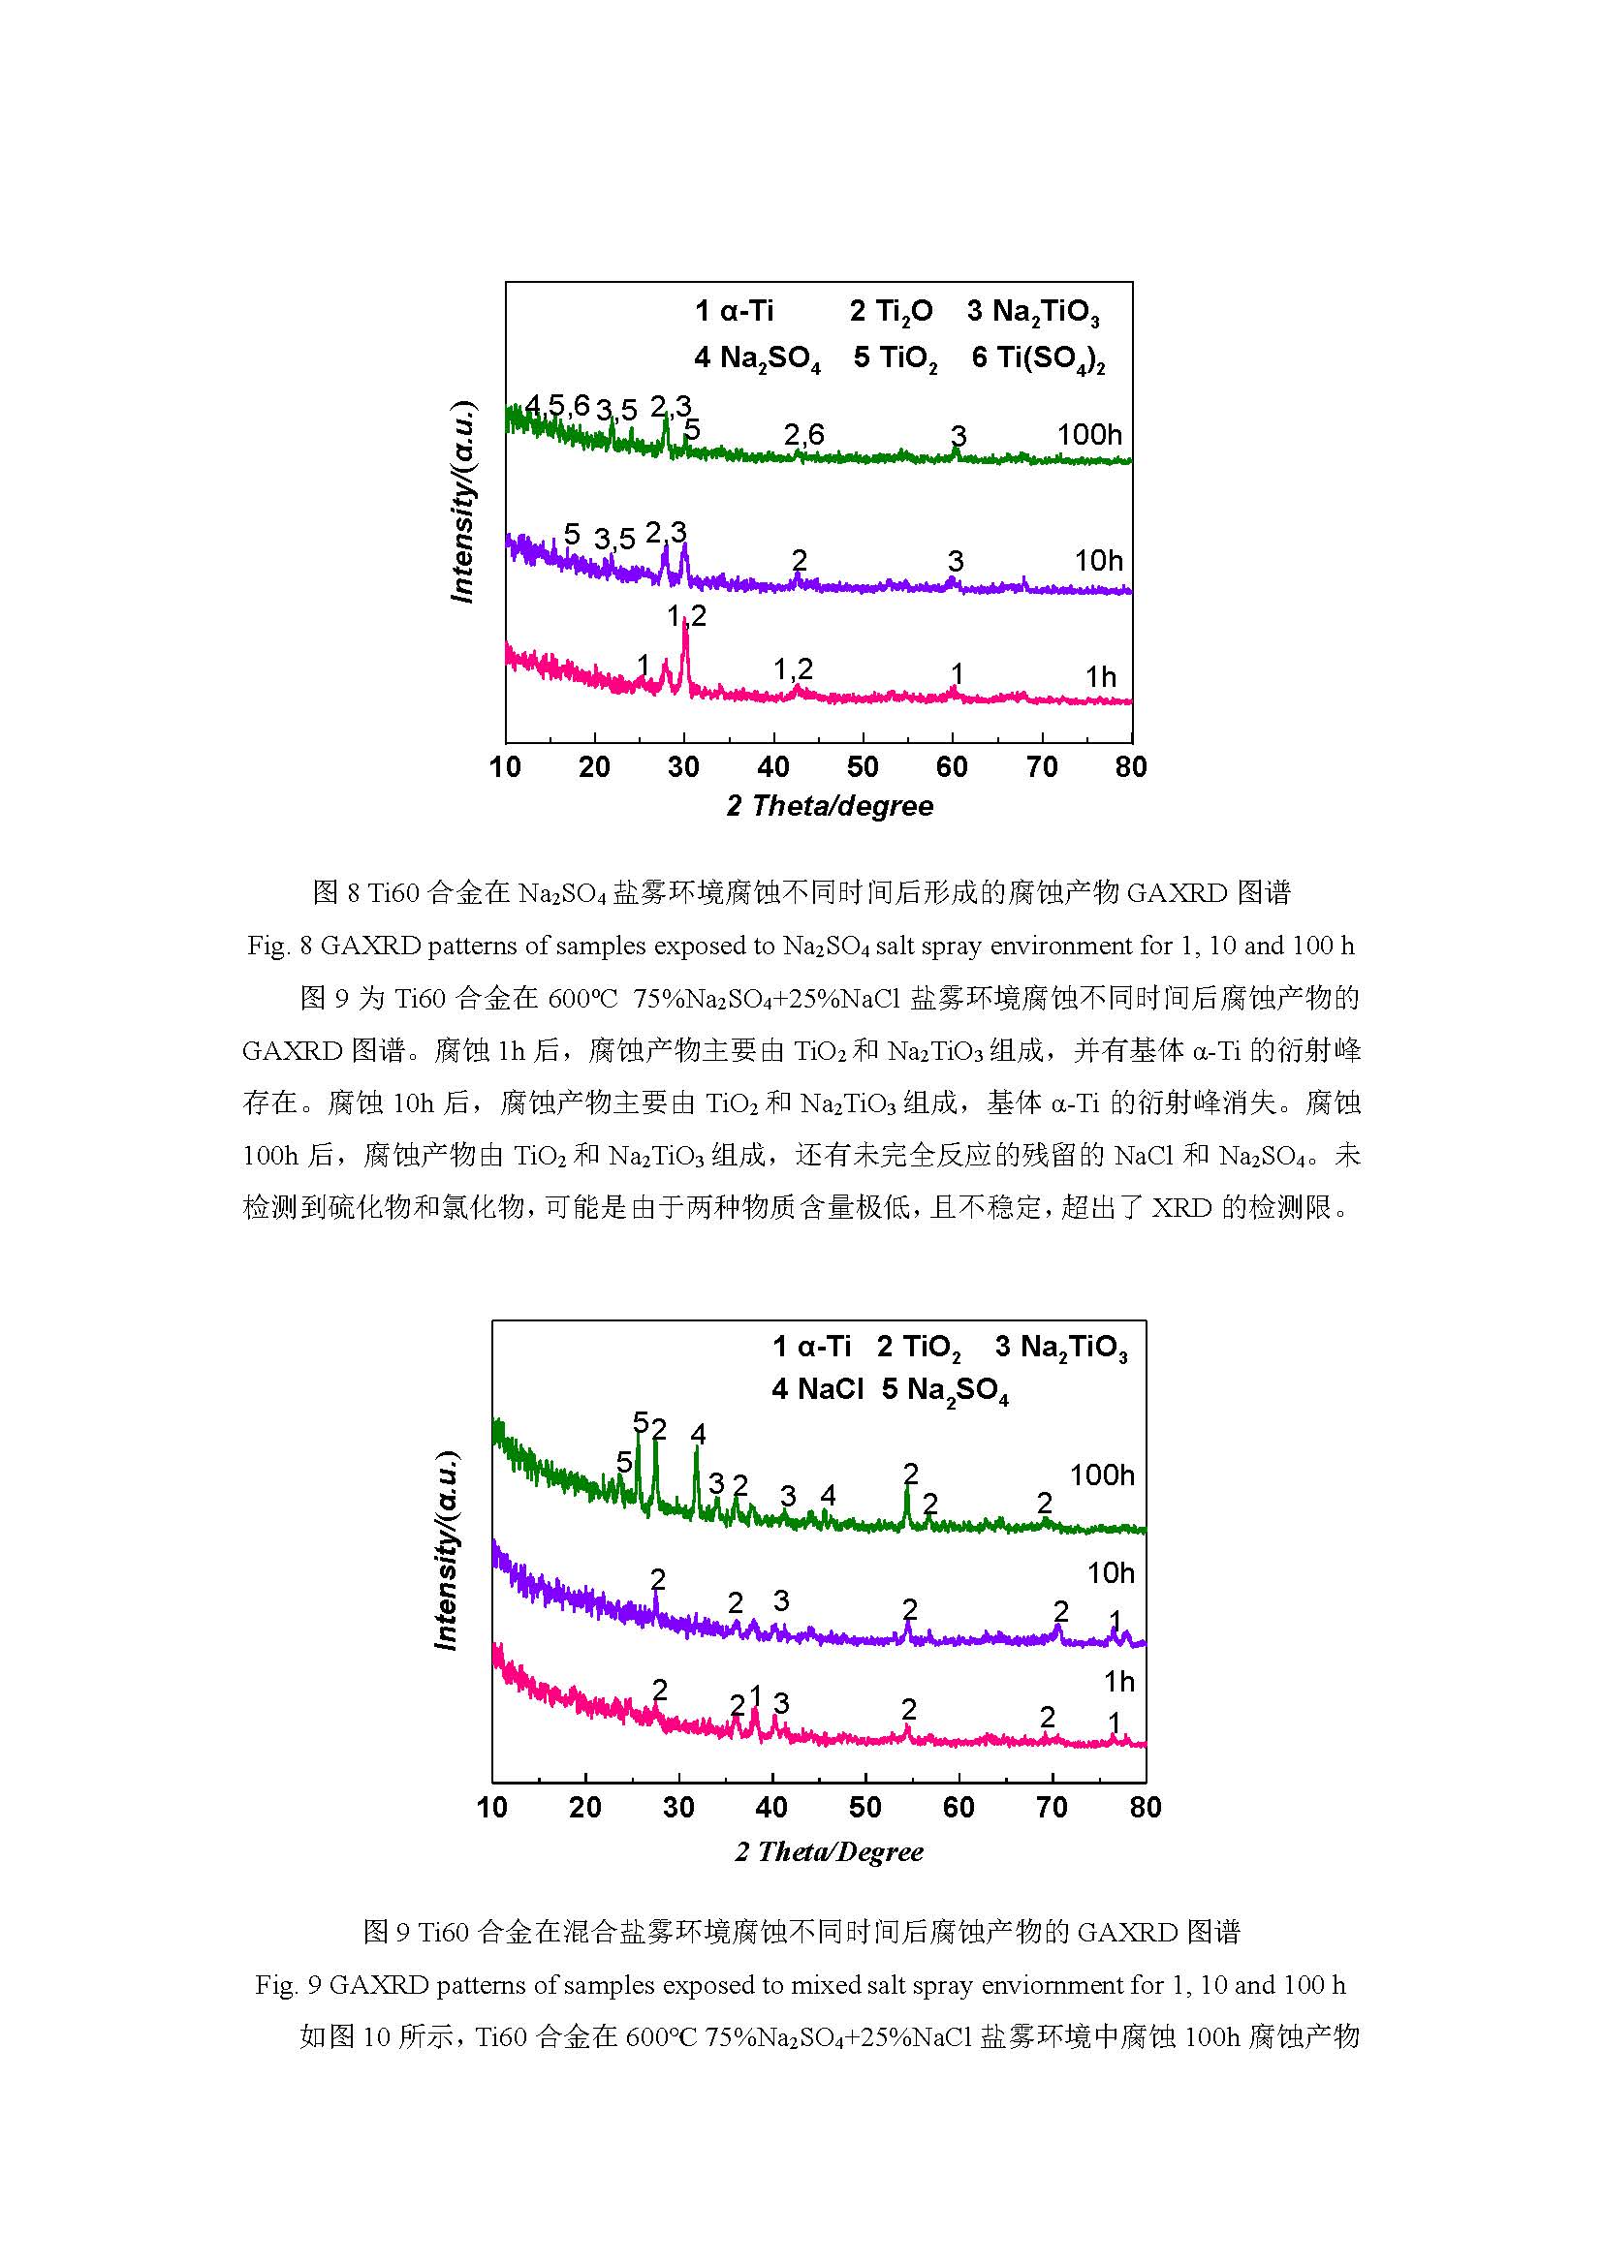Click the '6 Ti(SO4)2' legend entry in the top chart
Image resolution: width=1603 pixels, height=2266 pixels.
point(1037,357)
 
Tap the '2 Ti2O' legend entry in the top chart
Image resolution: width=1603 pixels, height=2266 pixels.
point(891,312)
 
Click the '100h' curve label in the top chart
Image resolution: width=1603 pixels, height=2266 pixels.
point(1088,434)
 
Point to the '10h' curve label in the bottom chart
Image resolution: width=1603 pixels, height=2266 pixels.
point(1111,1573)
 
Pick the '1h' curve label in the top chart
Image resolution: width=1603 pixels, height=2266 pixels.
point(1101,677)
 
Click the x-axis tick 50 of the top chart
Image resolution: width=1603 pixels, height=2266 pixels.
point(863,767)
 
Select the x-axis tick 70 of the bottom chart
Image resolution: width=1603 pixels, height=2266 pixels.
point(1052,1807)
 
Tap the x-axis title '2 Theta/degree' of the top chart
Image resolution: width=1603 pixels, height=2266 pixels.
point(830,806)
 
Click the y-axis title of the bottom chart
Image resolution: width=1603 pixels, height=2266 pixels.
point(446,1550)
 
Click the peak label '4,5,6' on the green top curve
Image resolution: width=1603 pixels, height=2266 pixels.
point(556,405)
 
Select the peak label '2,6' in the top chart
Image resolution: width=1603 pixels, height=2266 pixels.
point(803,434)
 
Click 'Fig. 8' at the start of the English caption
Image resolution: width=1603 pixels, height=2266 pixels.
point(279,946)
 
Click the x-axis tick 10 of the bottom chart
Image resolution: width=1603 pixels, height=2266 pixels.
point(491,1807)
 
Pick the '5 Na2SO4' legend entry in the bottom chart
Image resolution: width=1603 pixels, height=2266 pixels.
point(945,1389)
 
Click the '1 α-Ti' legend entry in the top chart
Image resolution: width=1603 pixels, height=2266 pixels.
point(734,312)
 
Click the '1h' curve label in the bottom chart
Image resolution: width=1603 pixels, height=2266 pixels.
point(1119,1682)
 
